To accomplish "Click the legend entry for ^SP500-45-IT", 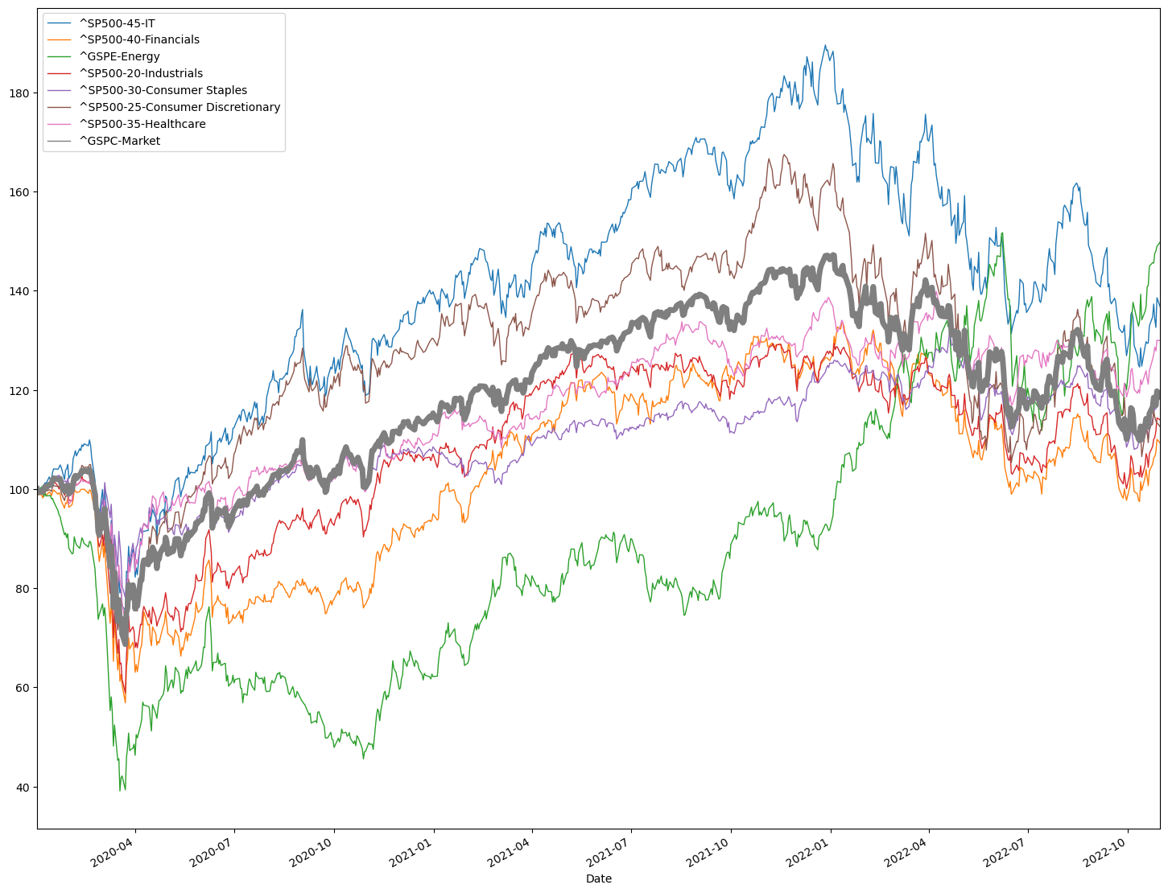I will (x=117, y=23).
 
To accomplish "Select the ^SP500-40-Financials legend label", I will (x=139, y=39).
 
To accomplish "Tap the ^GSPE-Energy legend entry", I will (x=119, y=56).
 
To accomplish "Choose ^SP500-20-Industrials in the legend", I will (x=141, y=73).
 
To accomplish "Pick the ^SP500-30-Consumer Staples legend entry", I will (x=163, y=90).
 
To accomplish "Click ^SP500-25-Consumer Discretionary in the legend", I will (x=180, y=107).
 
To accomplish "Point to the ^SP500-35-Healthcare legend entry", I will (x=142, y=124).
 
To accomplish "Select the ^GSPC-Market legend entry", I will (x=119, y=141).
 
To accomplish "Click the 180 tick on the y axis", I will (x=20, y=93).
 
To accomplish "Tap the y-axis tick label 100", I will (x=20, y=490).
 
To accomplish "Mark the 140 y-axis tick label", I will (x=20, y=291).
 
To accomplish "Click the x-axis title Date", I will (x=599, y=879).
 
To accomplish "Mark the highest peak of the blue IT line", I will (x=824, y=45).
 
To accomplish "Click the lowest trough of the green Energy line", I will (x=120, y=791).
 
